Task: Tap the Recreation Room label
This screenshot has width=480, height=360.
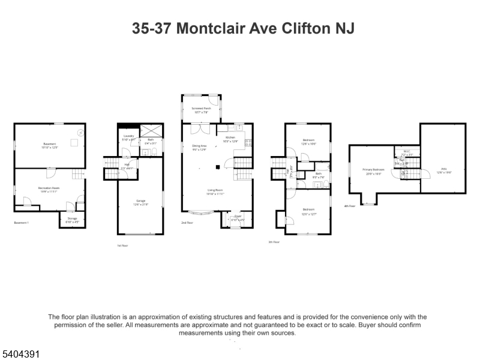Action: (x=49, y=189)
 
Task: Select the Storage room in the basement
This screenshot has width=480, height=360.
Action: (x=71, y=219)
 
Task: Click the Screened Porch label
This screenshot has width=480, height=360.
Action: (x=201, y=109)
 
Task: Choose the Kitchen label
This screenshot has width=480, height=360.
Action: (x=230, y=139)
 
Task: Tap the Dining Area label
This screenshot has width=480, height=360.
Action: (x=199, y=146)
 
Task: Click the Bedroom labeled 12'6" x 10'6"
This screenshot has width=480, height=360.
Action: (x=308, y=141)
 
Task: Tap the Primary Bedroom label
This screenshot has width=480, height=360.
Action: (x=373, y=170)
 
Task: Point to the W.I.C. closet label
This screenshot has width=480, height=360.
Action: (x=406, y=152)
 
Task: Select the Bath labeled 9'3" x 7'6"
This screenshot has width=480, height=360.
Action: (x=318, y=175)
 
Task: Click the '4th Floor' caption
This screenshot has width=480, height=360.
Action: (x=349, y=206)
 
